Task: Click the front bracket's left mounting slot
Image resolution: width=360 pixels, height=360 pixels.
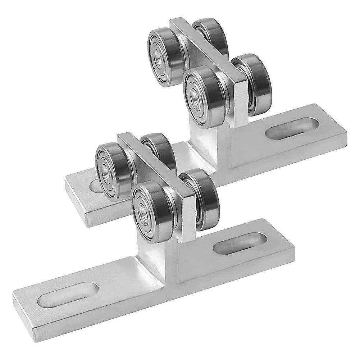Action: click(x=68, y=295)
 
